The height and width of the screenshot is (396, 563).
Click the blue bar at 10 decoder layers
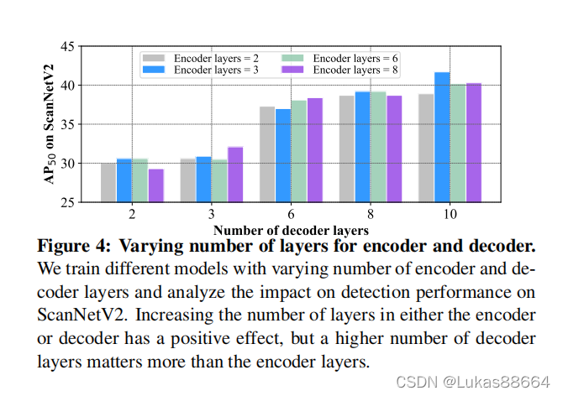click(x=442, y=138)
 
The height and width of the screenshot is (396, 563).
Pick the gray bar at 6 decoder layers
click(x=267, y=154)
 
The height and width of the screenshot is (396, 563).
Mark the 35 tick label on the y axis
click(x=68, y=124)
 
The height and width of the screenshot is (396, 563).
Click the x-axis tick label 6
click(x=291, y=216)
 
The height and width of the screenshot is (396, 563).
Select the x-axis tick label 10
click(x=450, y=216)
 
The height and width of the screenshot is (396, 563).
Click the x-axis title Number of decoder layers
click(x=291, y=229)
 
